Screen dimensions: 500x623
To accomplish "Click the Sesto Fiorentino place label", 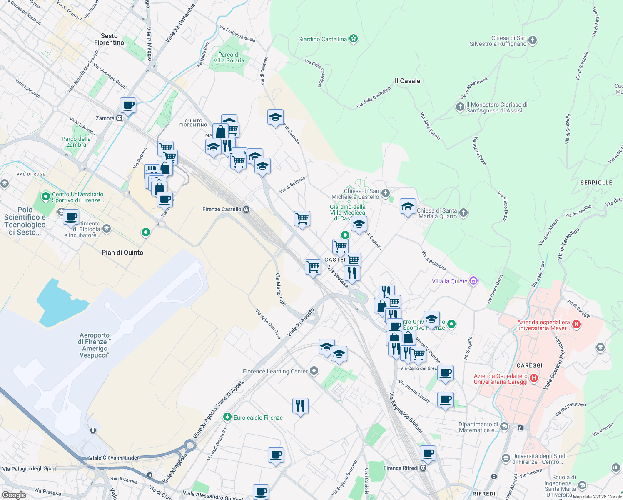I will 109,39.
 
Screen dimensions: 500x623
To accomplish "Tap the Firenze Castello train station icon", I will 247,209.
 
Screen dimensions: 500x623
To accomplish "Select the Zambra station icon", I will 120,118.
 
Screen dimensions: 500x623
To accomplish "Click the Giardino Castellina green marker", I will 354,39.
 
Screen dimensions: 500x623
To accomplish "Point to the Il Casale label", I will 407,81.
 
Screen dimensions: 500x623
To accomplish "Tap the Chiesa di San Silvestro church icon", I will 533,41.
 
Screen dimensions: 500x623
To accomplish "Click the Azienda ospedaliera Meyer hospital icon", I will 576,324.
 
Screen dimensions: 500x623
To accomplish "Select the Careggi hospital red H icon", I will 534,378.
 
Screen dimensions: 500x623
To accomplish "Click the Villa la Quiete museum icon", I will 473,281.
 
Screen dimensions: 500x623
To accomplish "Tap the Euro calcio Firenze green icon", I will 227,417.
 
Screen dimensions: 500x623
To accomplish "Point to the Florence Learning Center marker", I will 314,371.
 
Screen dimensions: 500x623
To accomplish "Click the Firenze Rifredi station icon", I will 424,467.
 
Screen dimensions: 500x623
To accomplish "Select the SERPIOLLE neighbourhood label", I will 596,182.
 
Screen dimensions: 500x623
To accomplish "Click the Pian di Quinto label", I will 122,252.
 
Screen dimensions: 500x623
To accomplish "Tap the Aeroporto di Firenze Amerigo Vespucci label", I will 95,345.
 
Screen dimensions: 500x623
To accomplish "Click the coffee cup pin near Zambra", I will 128,105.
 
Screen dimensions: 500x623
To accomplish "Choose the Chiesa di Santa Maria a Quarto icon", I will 463,213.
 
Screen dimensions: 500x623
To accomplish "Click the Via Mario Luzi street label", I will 281,290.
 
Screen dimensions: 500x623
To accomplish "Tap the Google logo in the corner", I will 14,495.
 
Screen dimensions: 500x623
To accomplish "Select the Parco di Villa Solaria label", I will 229,57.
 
